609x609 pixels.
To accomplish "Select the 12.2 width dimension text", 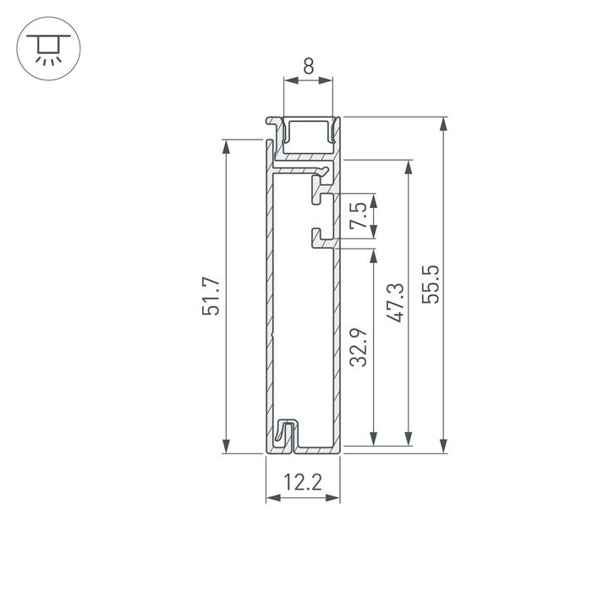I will (303, 483).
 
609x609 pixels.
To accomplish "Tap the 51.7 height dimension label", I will (211, 296).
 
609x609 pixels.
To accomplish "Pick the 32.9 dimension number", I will (359, 347).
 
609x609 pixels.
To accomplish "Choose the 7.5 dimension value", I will (359, 217).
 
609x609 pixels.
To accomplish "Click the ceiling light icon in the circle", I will (45, 48).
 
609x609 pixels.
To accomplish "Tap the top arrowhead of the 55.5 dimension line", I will (442, 123).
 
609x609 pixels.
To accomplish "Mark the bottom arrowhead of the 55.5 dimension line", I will (442, 446).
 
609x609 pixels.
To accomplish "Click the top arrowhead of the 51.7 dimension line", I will (227, 145).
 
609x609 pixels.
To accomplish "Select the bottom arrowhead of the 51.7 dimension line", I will (227, 446).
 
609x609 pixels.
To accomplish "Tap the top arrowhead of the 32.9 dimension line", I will (372, 255).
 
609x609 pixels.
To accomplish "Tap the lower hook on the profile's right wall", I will (321, 239).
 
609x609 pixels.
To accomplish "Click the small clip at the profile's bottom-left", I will (285, 433).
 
